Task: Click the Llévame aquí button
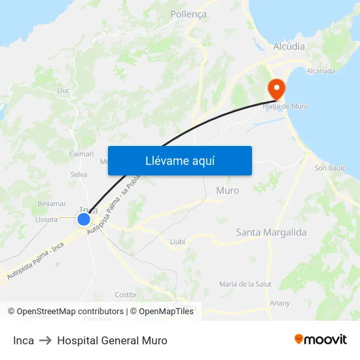tap(179, 160)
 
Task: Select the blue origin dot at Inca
tap(84, 219)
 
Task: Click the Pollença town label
tap(188, 14)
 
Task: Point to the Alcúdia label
tap(289, 46)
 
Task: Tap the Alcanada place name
tap(321, 70)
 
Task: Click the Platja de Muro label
tap(285, 106)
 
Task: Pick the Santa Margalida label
tap(271, 232)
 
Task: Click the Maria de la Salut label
tap(245, 284)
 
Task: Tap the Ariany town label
tap(279, 303)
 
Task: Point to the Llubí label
tap(177, 242)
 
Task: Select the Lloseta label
tap(46, 220)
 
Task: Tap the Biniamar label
tap(52, 204)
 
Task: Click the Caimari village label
tap(82, 154)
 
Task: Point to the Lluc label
tap(63, 90)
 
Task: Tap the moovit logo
tap(321, 340)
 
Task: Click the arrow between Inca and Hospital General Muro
tap(46, 340)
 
